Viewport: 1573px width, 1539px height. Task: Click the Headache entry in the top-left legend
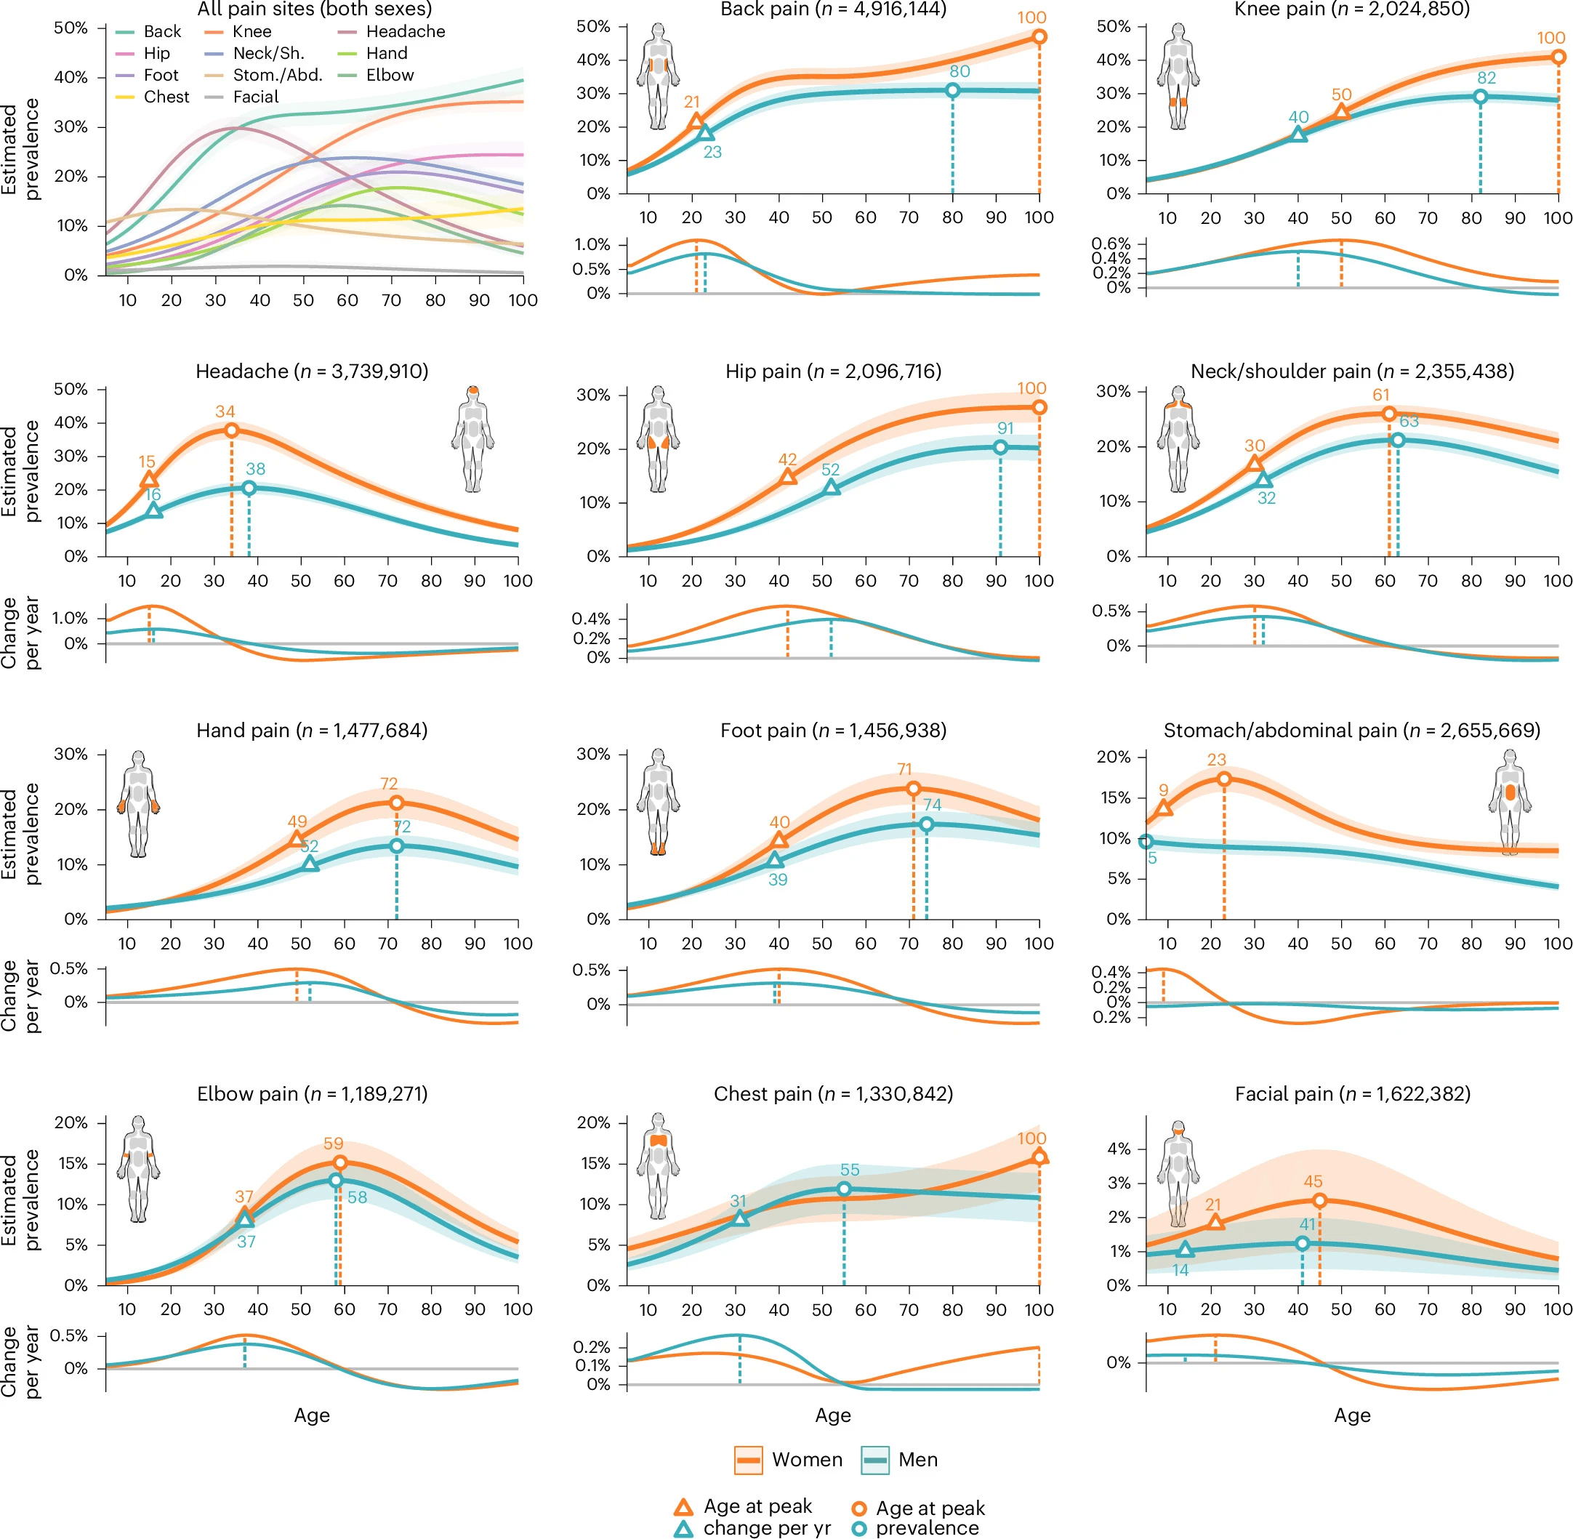pos(391,31)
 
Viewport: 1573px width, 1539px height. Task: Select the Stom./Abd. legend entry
pos(265,75)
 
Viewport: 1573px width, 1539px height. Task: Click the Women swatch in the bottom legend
pos(748,1460)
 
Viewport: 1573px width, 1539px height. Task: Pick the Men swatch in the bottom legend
pos(874,1460)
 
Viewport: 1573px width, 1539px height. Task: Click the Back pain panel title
pos(832,9)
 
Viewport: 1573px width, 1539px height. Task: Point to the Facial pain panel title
pos(1352,1093)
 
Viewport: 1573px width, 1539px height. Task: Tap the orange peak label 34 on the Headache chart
pos(225,411)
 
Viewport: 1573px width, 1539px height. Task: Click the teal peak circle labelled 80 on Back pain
pos(952,91)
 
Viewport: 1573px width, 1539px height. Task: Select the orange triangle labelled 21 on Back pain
pos(695,122)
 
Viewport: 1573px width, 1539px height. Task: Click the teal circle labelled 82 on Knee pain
pos(1480,97)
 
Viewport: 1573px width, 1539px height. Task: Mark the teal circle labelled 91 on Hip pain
pos(1000,447)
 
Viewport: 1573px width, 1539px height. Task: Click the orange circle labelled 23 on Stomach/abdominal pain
pos(1224,779)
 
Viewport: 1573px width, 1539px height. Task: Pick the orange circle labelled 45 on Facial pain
pos(1319,1201)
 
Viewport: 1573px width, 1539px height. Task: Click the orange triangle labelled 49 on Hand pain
pos(297,840)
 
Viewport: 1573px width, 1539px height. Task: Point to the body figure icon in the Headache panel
pos(473,439)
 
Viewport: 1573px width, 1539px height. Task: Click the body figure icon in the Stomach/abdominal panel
pos(1509,802)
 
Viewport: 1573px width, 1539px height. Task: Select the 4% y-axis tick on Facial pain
pos(1119,1149)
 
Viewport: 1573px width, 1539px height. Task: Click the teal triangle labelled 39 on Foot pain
pos(774,860)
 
